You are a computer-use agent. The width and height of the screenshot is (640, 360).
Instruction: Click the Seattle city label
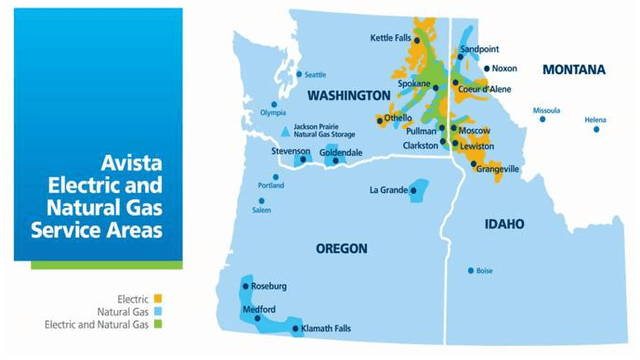(315, 75)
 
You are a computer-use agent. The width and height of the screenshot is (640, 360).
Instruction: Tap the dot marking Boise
(471, 270)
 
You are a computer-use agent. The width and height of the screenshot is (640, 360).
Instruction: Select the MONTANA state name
(573, 69)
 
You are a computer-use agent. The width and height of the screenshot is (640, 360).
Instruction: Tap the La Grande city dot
(413, 190)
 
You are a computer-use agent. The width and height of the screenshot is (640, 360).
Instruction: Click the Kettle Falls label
(389, 38)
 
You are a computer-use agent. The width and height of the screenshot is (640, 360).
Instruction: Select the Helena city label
(595, 119)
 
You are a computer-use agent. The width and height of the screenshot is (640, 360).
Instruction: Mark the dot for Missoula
(543, 119)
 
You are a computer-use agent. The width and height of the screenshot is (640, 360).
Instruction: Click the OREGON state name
(341, 248)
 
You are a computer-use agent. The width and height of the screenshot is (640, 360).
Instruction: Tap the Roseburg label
(269, 286)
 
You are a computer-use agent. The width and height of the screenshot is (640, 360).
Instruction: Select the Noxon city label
(504, 69)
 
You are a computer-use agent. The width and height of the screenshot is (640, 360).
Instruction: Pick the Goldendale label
(341, 152)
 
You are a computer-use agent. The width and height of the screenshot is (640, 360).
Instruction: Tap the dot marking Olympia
(275, 104)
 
